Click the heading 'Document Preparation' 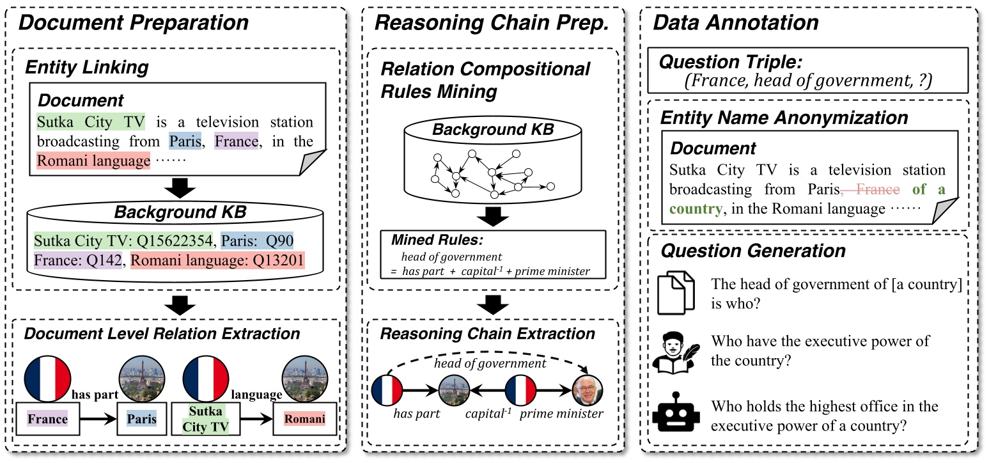(133, 23)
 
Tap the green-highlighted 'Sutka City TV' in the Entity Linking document (91, 122)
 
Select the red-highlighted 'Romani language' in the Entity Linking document (93, 161)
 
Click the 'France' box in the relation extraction (49, 419)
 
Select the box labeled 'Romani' (304, 419)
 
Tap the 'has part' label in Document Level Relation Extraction (95, 395)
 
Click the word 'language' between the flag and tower (256, 395)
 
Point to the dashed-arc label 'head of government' (490, 363)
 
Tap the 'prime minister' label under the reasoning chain (561, 414)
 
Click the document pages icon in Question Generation (674, 292)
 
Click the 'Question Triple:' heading (730, 62)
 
